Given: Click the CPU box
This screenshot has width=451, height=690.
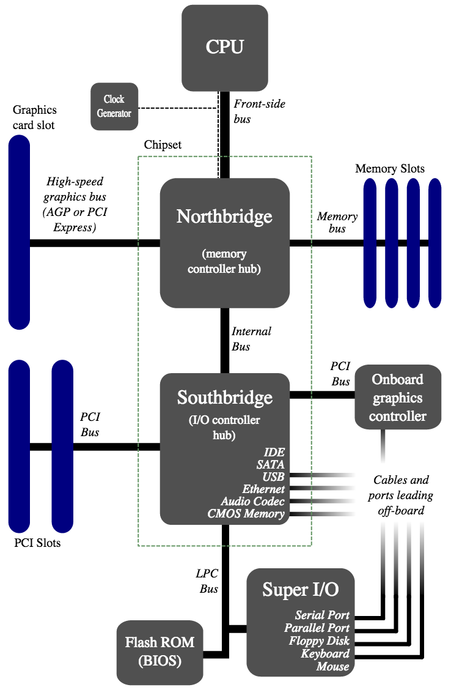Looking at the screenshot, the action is coord(225,48).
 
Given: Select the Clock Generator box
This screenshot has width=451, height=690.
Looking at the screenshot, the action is coord(114,106).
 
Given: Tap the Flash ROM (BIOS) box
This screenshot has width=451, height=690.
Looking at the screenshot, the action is coord(159,652).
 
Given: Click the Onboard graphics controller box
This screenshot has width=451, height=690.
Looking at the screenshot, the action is coord(398,397).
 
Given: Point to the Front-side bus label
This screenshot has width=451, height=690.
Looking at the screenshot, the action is coord(259,111).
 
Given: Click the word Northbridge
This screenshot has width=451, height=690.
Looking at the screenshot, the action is coord(225,217).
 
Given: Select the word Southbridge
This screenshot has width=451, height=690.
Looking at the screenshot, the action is coord(225,398).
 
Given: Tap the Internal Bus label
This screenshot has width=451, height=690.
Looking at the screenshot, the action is coord(251,339).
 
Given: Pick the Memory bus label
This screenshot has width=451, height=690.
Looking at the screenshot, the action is coord(337,222).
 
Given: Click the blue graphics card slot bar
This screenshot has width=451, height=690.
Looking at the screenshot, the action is coord(20,232).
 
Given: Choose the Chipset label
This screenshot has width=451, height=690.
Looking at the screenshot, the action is coord(163,145).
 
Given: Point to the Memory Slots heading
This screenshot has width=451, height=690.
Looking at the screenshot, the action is coord(390,169).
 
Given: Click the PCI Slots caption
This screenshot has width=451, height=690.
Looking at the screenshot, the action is coord(37,543).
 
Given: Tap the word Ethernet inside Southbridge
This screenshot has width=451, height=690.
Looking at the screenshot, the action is coord(263,489).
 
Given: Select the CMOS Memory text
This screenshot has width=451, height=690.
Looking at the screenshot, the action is coord(246,514).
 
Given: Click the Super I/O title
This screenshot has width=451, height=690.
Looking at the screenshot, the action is coord(301,590).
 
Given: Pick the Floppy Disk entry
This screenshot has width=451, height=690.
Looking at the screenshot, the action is coord(319,640).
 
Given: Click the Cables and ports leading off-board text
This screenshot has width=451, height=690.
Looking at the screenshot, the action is coord(400,495).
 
